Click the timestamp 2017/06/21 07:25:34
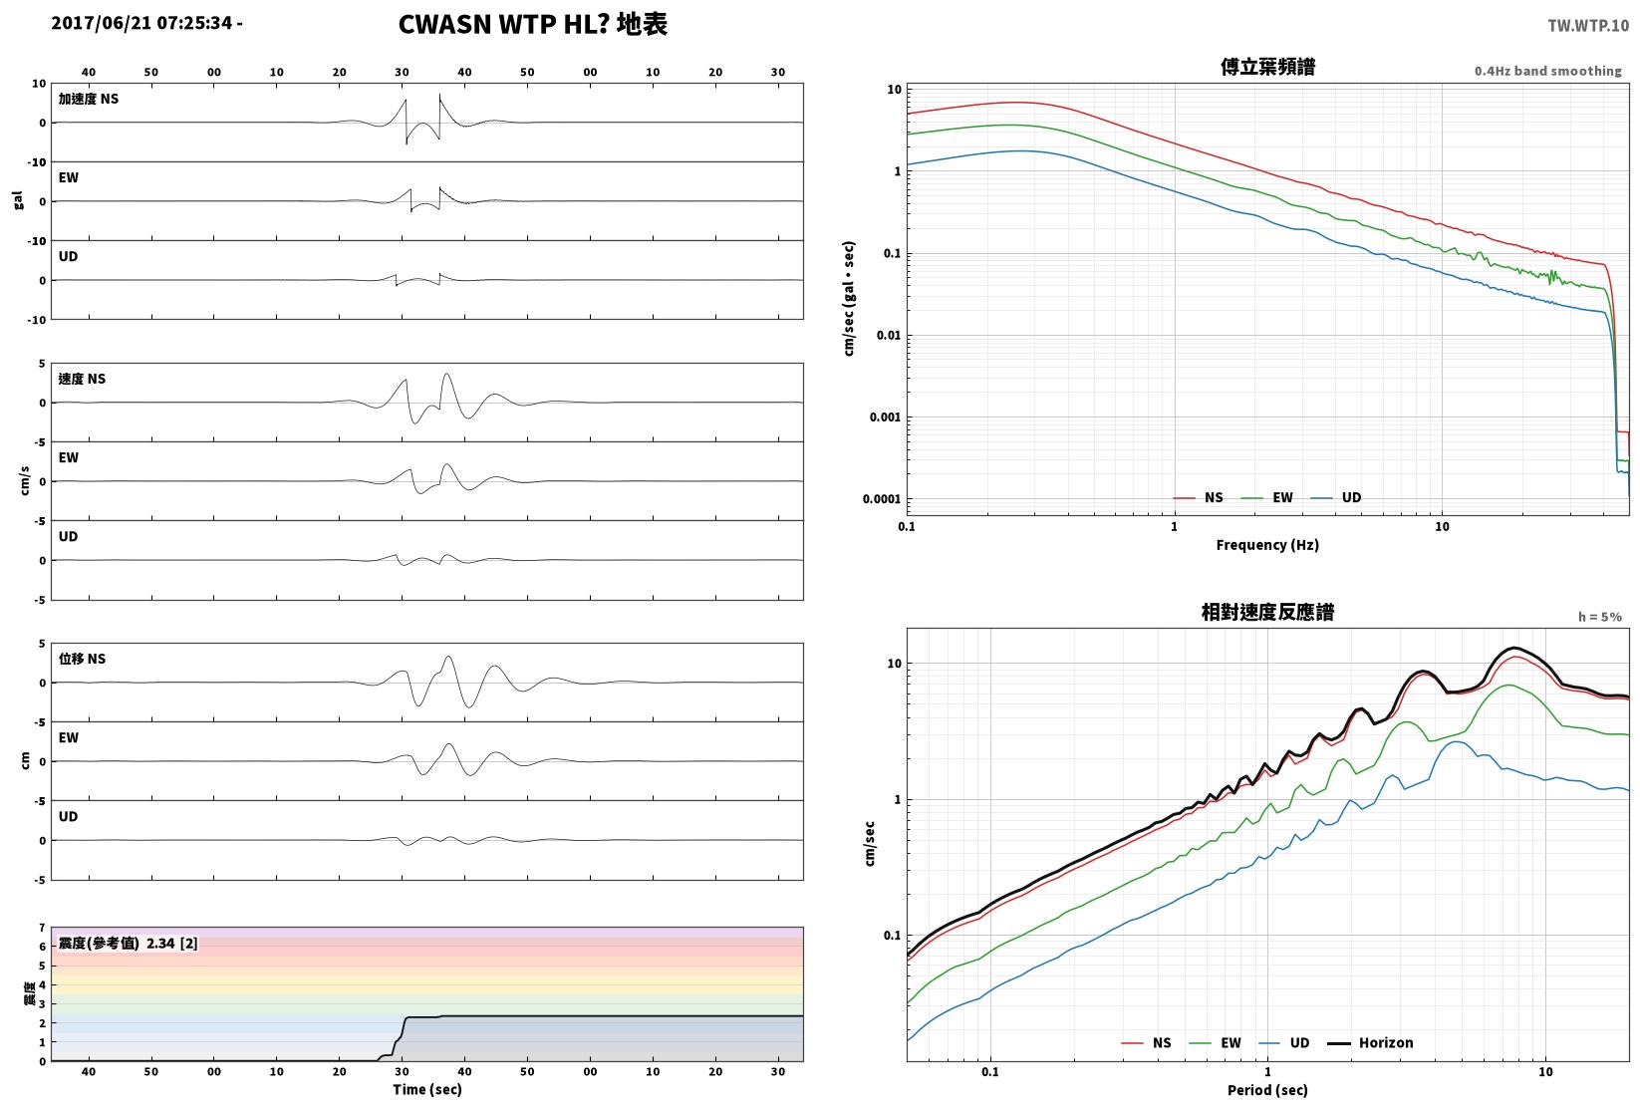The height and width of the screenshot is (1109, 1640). [x=142, y=23]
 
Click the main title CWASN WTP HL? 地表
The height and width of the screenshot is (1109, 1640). [x=532, y=24]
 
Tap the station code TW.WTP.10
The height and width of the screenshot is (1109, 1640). [x=1588, y=26]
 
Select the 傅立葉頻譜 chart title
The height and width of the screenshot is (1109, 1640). [x=1267, y=67]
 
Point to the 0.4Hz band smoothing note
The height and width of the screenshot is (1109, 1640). [x=1547, y=71]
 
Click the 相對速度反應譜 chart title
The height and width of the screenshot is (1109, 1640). [x=1267, y=612]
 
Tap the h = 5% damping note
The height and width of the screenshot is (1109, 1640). [x=1600, y=617]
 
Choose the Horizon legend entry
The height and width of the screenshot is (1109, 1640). [x=1371, y=1042]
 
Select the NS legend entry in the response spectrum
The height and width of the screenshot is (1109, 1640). [x=1146, y=1042]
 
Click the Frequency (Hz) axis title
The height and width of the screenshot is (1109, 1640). [x=1267, y=545]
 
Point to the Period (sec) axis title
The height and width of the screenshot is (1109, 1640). [x=1267, y=1090]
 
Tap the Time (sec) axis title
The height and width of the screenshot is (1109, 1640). [x=427, y=1089]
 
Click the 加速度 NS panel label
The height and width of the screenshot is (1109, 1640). [x=89, y=99]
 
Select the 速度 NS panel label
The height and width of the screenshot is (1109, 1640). [x=82, y=379]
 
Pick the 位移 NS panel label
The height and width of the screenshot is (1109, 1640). [x=82, y=659]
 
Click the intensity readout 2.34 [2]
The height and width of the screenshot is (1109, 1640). [x=172, y=943]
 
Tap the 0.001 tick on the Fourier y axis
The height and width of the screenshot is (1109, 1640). [x=885, y=417]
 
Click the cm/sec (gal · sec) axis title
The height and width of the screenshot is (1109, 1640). [x=849, y=299]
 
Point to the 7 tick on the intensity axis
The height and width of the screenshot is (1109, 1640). [x=43, y=928]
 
